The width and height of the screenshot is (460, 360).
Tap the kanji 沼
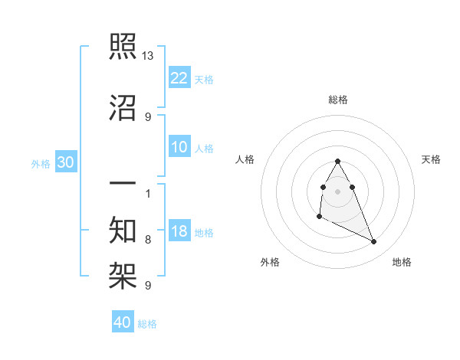click(x=123, y=109)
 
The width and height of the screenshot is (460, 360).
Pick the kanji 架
click(x=123, y=274)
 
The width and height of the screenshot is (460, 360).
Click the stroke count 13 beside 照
click(x=149, y=56)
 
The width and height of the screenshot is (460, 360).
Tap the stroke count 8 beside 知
click(x=148, y=240)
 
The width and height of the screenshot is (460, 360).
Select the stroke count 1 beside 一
click(x=148, y=193)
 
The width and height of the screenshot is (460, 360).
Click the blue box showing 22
click(x=179, y=78)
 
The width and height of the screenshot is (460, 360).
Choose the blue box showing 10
click(x=179, y=147)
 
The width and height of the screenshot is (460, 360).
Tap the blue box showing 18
click(x=179, y=231)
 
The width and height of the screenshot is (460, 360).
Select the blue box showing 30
click(x=65, y=162)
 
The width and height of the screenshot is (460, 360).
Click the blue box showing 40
click(x=123, y=322)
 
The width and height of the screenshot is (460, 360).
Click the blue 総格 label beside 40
click(x=147, y=324)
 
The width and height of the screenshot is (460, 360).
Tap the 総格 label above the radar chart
click(x=338, y=100)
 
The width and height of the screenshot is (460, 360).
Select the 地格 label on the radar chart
click(x=402, y=262)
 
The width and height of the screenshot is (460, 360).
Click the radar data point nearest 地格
click(x=374, y=242)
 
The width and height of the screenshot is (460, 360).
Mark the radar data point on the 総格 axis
click(x=338, y=161)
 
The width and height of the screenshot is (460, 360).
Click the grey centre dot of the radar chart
click(x=338, y=191)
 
